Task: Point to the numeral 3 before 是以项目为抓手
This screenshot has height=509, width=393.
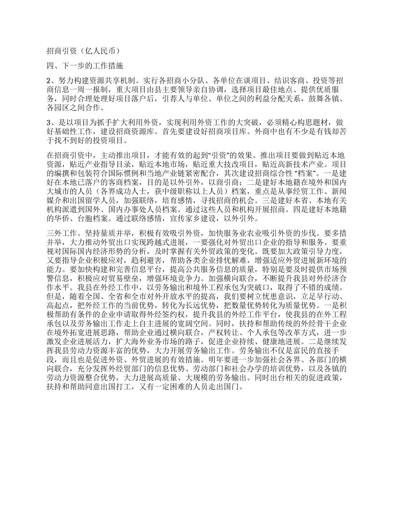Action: click(48, 122)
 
